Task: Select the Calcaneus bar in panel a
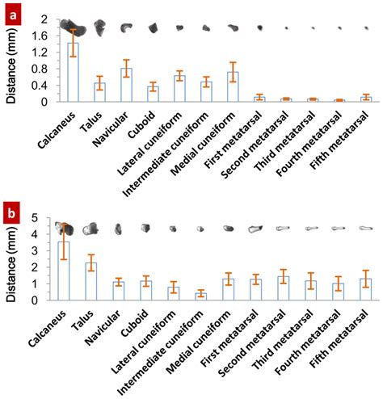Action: click(x=73, y=73)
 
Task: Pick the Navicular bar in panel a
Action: click(x=125, y=85)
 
